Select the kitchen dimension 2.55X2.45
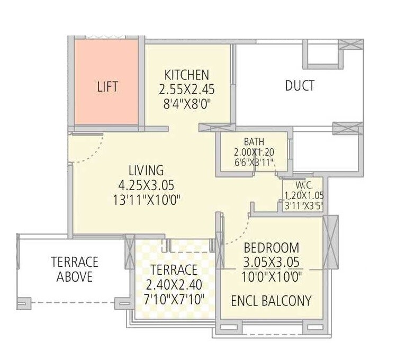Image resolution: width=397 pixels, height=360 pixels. pyautogui.click(x=186, y=89)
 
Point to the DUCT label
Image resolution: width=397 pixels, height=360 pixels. pyautogui.click(x=300, y=85)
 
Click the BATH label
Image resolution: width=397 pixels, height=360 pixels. pyautogui.click(x=254, y=142)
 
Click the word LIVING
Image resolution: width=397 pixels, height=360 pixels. pyautogui.click(x=146, y=170)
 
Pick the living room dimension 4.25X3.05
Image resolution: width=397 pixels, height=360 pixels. pyautogui.click(x=146, y=185)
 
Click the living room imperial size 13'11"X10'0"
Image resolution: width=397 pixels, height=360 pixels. pyautogui.click(x=146, y=200)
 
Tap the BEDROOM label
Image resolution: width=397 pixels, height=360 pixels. pyautogui.click(x=271, y=248)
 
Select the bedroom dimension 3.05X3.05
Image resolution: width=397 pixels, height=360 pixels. pyautogui.click(x=271, y=263)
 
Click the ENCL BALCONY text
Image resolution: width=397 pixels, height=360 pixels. pyautogui.click(x=271, y=301)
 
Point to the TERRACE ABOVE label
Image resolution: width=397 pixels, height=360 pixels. pyautogui.click(x=75, y=269)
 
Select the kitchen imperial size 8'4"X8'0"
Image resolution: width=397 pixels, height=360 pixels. pyautogui.click(x=186, y=104)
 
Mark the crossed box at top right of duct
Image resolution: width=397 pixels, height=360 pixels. pyautogui.click(x=350, y=45)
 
